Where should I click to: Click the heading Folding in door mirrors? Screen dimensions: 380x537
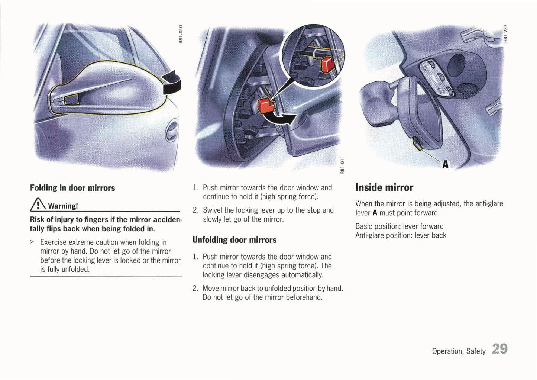[72, 188]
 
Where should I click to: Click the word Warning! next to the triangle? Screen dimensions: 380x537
[63, 206]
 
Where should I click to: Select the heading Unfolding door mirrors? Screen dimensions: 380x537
[234, 240]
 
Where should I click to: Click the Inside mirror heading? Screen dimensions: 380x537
[384, 187]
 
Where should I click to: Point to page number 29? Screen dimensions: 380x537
[499, 349]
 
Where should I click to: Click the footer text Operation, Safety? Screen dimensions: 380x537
[459, 351]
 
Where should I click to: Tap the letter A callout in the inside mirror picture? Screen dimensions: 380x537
[445, 164]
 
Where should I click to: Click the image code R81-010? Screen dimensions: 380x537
[181, 34]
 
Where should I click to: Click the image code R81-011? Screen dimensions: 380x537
[342, 164]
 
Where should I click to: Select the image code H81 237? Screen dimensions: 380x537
[505, 33]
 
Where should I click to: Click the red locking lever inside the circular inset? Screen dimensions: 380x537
[327, 64]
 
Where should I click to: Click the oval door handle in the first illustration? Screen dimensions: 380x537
[172, 131]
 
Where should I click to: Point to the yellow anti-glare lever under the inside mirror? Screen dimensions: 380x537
[417, 144]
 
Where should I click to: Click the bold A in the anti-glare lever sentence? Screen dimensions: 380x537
[375, 213]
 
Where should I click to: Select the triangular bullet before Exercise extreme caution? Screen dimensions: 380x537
[32, 242]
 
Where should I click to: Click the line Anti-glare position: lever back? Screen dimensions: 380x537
[401, 235]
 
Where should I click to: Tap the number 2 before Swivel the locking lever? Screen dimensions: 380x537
[195, 210]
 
